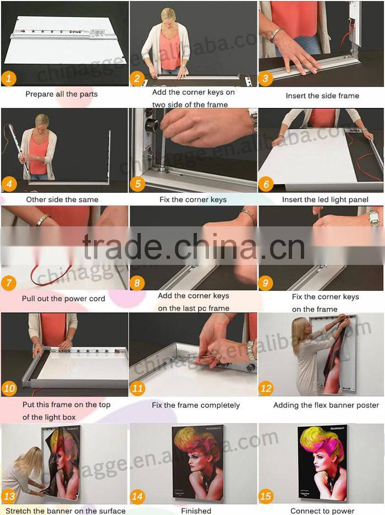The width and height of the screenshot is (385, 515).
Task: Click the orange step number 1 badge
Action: pos(9,78)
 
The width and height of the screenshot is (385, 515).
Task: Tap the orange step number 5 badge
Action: pos(137,183)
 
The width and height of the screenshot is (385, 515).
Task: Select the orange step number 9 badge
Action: pos(266,283)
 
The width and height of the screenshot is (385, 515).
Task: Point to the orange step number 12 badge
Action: pos(266,388)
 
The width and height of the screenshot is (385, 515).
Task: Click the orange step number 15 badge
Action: pos(266,496)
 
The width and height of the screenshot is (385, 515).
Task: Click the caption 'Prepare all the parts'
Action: pos(62,94)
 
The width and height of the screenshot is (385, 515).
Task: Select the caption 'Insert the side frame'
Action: pos(322,96)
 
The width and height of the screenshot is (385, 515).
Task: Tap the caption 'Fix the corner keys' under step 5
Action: pos(193,199)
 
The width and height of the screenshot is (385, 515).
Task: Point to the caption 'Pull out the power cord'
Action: pos(64,299)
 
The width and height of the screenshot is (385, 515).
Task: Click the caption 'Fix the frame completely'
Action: pos(196,405)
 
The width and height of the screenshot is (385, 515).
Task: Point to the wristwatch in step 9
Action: pos(375,218)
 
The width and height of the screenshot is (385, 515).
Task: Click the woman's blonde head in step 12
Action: pos(302,329)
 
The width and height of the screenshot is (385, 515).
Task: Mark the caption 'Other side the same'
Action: pos(62,199)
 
